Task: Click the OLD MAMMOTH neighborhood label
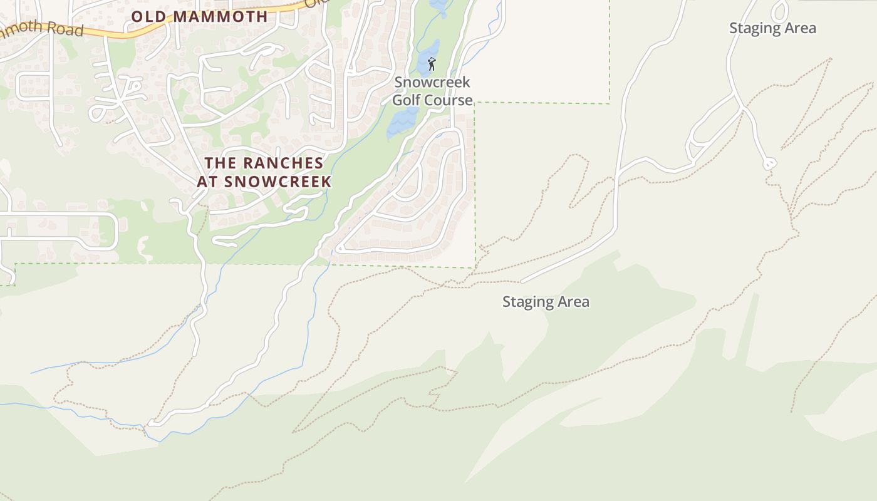(x=199, y=16)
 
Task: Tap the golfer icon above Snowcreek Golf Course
(x=432, y=64)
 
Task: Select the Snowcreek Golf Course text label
(x=432, y=91)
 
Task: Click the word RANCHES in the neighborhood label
(x=283, y=163)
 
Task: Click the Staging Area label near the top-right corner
(x=772, y=28)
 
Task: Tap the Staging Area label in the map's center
(x=546, y=302)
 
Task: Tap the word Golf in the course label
(x=408, y=100)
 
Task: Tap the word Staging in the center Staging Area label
(x=528, y=302)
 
